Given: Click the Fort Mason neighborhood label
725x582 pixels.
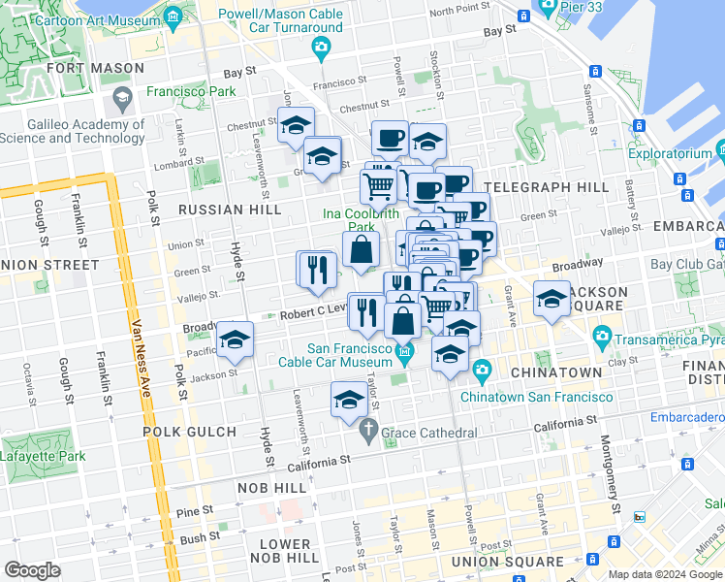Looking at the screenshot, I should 95,69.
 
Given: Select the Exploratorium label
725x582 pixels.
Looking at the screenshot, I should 673,153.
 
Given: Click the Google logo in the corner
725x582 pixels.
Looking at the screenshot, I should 33,569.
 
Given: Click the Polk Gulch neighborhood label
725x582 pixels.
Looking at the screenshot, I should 189,432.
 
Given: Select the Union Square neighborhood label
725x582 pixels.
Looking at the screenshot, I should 507,562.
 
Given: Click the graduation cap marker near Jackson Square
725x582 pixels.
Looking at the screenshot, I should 552,300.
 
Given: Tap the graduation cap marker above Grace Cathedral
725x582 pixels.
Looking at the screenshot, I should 349,399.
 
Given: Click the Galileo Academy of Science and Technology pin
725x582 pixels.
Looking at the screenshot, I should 123,98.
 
